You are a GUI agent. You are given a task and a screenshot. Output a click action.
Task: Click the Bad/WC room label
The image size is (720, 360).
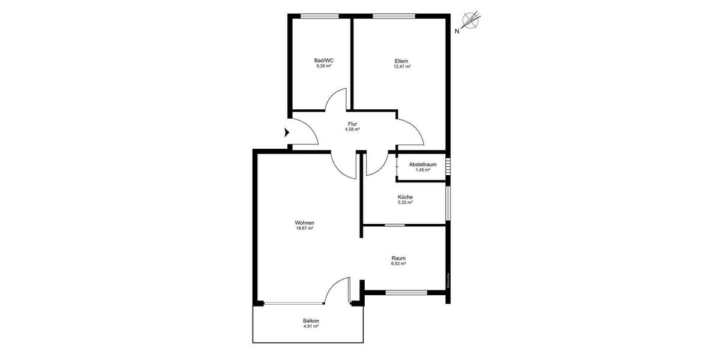tap(324, 60)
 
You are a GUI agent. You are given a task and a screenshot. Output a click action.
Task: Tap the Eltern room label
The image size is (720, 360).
tap(401, 61)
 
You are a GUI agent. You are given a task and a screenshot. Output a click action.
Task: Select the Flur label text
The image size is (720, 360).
tap(352, 124)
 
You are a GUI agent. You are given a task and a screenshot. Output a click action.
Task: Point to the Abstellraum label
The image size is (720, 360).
tap(422, 164)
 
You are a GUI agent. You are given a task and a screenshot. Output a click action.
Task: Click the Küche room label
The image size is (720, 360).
tap(405, 197)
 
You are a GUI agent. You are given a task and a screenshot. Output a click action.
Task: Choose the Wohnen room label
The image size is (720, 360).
tap(305, 223)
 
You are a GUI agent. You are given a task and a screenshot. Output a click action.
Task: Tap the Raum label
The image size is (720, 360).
tap(399, 258)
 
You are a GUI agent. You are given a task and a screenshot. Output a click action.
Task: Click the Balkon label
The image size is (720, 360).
tap(311, 321)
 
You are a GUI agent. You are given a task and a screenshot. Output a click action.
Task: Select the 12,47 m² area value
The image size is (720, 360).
tap(401, 67)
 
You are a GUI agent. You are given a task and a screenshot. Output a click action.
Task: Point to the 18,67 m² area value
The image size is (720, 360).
tap(305, 229)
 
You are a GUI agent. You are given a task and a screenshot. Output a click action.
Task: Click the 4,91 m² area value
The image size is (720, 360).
tap(311, 327)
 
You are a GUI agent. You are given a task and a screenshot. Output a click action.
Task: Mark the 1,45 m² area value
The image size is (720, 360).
tap(422, 170)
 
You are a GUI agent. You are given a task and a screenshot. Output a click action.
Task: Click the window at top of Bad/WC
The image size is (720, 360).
tap(316, 16)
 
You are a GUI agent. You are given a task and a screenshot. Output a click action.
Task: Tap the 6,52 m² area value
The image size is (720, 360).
tap(399, 264)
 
